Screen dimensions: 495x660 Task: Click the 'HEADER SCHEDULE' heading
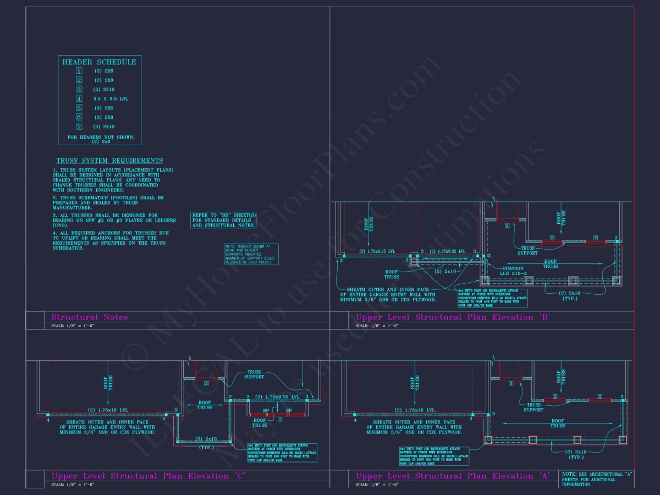pyautogui.click(x=99, y=62)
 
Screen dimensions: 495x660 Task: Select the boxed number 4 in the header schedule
pyautogui.click(x=79, y=98)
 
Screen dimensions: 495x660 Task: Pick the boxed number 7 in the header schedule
pyautogui.click(x=79, y=127)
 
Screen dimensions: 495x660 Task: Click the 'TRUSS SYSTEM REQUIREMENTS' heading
pyautogui.click(x=109, y=161)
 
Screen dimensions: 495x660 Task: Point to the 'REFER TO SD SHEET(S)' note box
pyautogui.click(x=223, y=220)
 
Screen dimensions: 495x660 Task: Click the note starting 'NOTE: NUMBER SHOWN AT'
pyautogui.click(x=251, y=254)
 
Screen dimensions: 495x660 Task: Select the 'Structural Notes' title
pyautogui.click(x=90, y=317)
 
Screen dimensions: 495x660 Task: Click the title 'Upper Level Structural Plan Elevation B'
pyautogui.click(x=453, y=317)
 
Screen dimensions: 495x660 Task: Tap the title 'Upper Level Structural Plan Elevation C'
pyautogui.click(x=148, y=476)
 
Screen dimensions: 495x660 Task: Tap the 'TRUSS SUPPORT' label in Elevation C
pyautogui.click(x=254, y=375)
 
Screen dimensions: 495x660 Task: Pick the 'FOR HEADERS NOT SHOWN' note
pyautogui.click(x=101, y=139)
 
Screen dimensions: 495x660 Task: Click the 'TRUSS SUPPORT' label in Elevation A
pyautogui.click(x=533, y=407)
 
